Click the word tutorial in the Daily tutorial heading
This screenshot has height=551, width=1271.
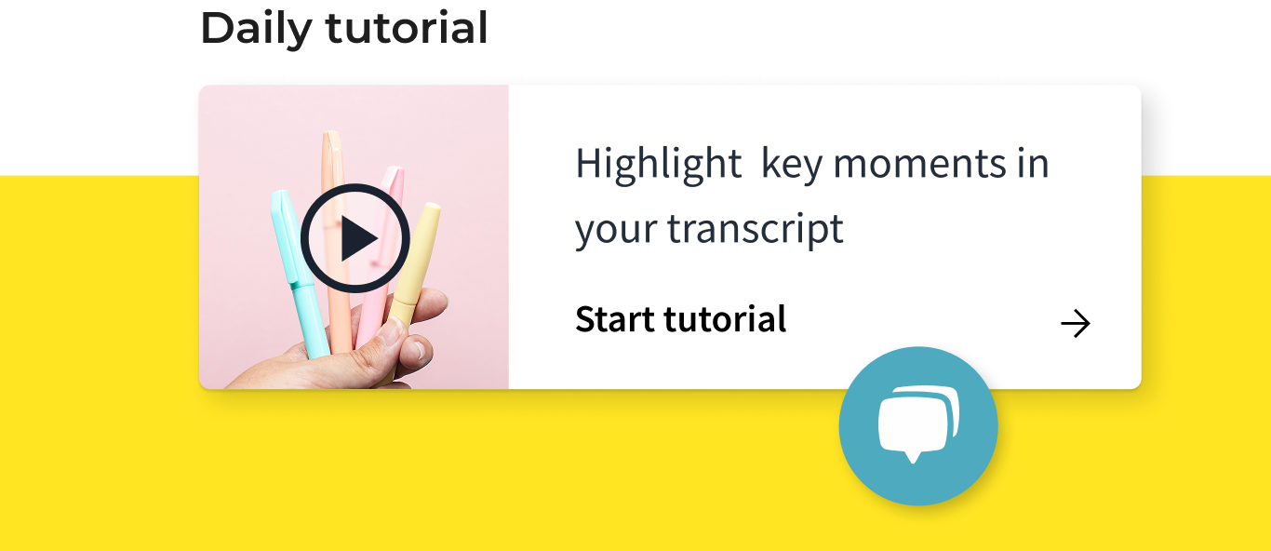(407, 27)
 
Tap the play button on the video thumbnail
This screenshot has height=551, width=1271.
(355, 237)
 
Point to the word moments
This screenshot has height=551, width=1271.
(919, 165)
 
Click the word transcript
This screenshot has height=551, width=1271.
(756, 231)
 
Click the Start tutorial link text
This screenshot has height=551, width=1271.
(681, 319)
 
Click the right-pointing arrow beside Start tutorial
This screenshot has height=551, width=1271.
(1076, 324)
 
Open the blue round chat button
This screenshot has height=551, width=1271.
(918, 425)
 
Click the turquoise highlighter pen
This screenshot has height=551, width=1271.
(299, 273)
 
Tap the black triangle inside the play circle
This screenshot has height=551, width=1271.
(358, 238)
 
